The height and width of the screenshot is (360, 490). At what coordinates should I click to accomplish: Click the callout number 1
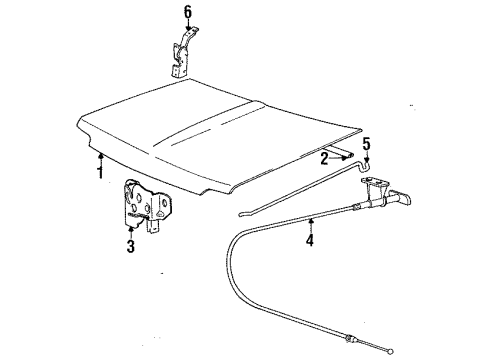coord(100,170)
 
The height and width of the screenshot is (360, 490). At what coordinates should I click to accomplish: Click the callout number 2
coord(324,157)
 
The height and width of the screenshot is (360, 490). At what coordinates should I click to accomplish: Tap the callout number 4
coord(309,240)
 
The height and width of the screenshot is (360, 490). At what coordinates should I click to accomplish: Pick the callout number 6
coord(186,13)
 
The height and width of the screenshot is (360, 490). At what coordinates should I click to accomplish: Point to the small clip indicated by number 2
coord(348,155)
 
